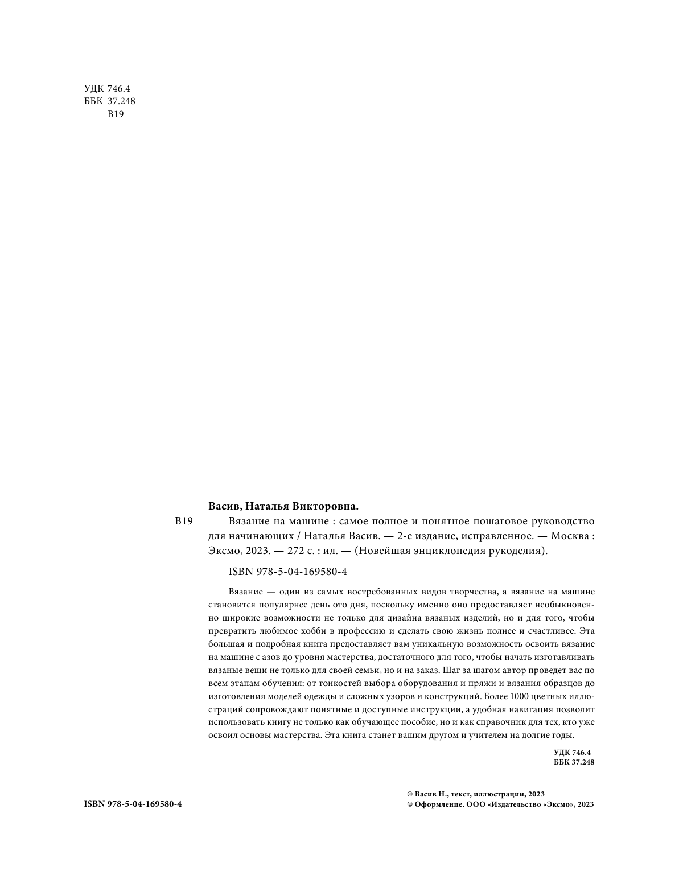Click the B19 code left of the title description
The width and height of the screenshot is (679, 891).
[x=184, y=521]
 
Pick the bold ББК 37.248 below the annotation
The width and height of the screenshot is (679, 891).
[x=573, y=762]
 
